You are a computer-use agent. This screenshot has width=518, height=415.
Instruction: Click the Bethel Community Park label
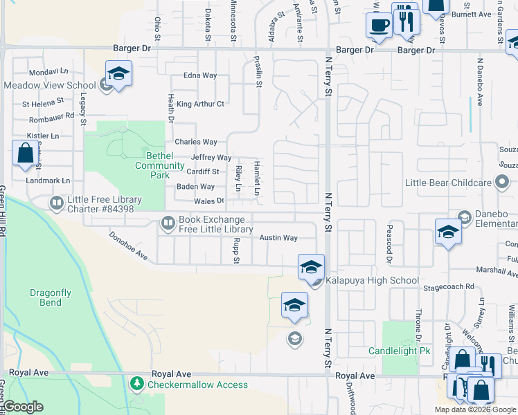pyautogui.click(x=160, y=165)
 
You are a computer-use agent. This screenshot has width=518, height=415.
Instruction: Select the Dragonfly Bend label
pyautogui.click(x=51, y=297)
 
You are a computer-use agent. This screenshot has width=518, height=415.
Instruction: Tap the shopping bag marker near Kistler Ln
pyautogui.click(x=25, y=153)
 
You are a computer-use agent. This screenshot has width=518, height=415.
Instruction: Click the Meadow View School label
pyautogui.click(x=49, y=85)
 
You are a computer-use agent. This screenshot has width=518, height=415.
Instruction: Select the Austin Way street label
pyautogui.click(x=278, y=238)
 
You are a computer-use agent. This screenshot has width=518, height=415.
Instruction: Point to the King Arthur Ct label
pyautogui.click(x=200, y=104)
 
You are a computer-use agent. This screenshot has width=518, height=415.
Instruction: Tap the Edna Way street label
pyautogui.click(x=200, y=76)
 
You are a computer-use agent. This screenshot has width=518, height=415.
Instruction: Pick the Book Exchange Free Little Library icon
pyautogui.click(x=168, y=223)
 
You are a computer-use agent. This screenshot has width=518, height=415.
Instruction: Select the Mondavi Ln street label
pyautogui.click(x=48, y=71)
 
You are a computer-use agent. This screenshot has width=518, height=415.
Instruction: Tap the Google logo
pyautogui.click(x=23, y=407)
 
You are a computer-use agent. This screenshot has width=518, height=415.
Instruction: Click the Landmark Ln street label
pyautogui.click(x=47, y=181)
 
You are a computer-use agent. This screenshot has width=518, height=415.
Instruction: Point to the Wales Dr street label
pyautogui.click(x=210, y=201)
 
